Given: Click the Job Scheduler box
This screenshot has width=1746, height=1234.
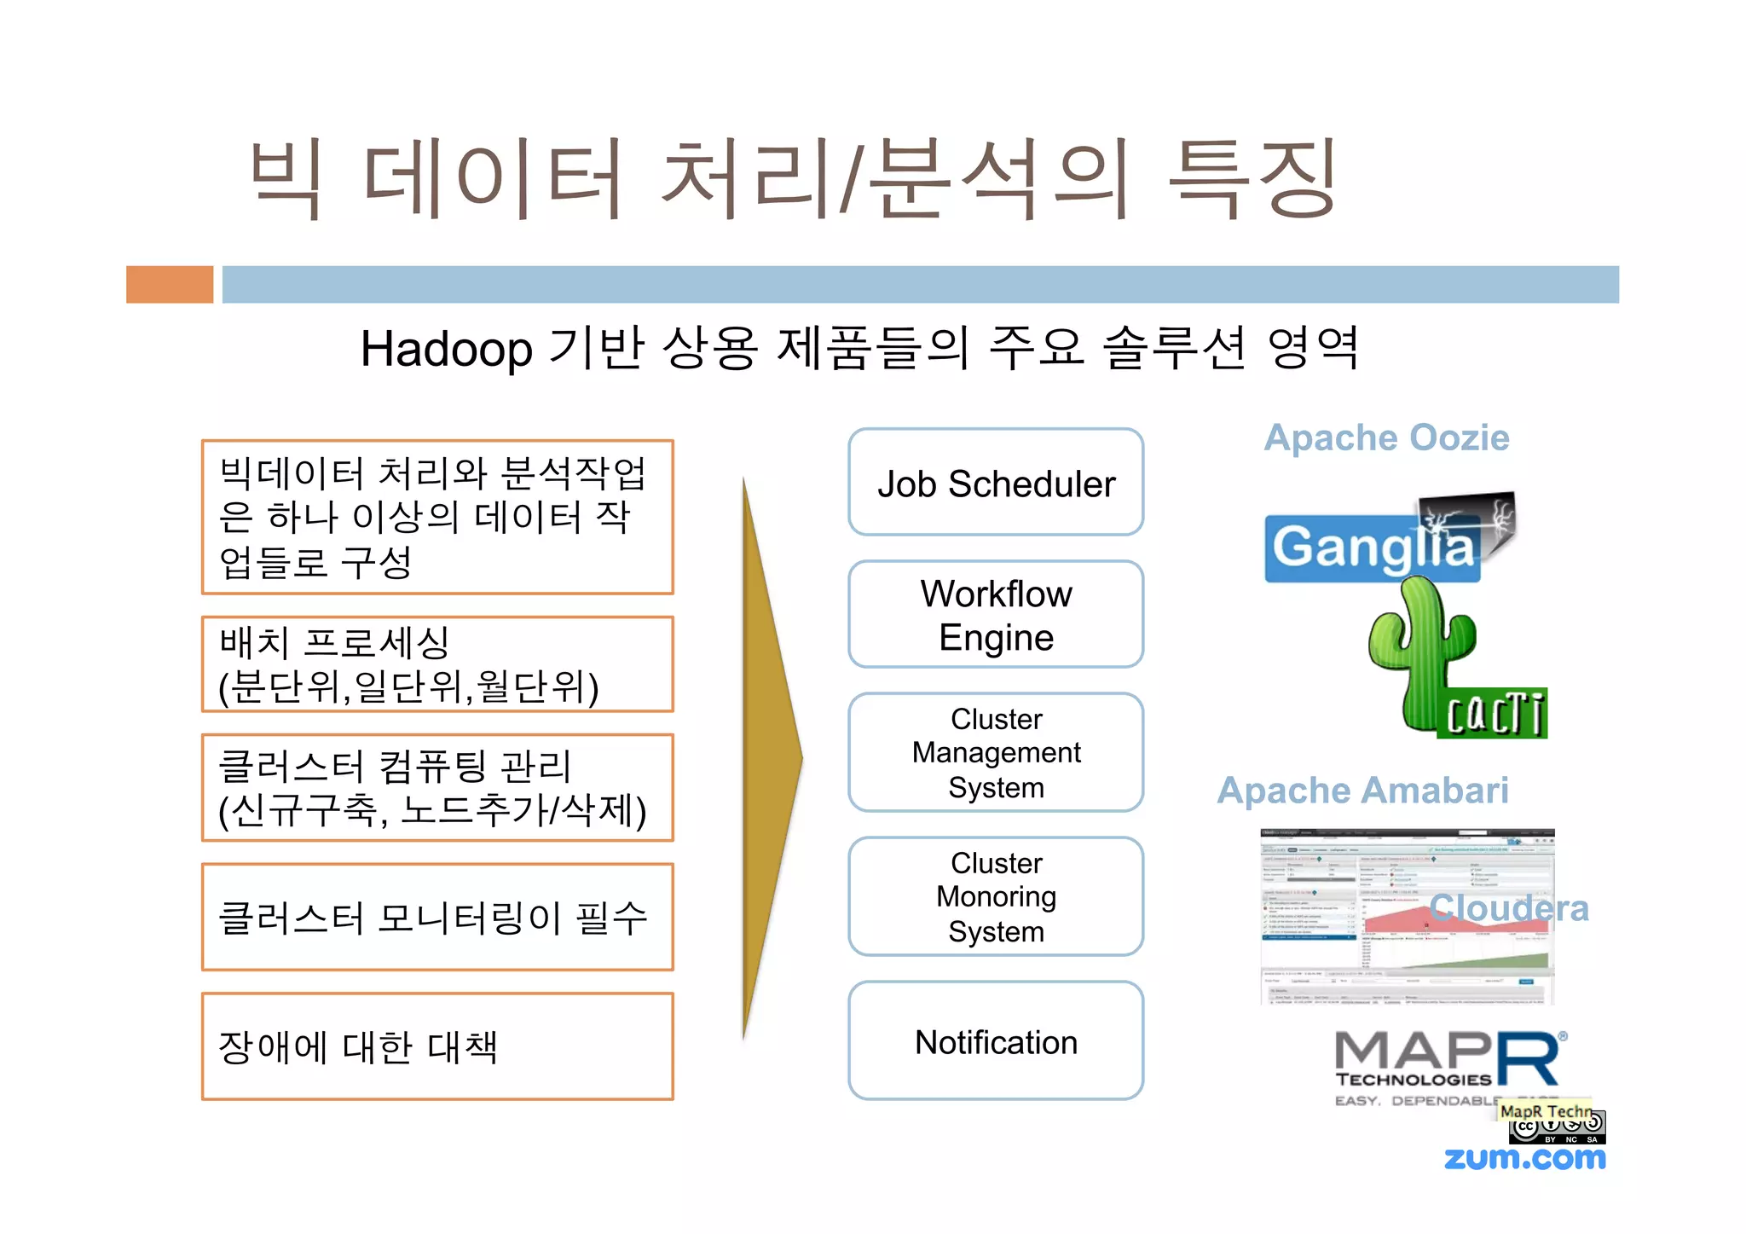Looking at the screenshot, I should [995, 483].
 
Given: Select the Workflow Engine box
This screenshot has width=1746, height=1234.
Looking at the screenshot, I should [995, 615].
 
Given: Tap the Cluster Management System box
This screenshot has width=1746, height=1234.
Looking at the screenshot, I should [995, 752].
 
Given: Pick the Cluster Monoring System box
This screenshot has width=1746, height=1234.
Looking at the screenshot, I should [995, 896].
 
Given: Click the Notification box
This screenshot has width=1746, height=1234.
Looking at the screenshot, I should [995, 1041].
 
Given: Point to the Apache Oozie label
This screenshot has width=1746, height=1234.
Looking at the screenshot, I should [1386, 438].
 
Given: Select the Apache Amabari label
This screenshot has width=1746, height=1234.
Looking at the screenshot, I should [1362, 791].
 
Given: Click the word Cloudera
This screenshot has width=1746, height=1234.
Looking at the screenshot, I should [1509, 908].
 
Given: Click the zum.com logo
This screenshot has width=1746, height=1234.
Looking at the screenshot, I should [1524, 1158].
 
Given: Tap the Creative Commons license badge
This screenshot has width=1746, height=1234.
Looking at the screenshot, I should [1557, 1128].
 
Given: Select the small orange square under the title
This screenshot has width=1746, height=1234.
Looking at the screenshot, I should [170, 285].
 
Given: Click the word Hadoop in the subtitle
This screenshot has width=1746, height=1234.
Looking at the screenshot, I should [446, 350].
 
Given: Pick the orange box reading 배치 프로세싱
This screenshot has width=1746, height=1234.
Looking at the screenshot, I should [437, 664].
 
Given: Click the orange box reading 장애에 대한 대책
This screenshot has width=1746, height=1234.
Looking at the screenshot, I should [437, 1046].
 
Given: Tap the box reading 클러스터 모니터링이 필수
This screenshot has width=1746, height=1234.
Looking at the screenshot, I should [437, 918].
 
